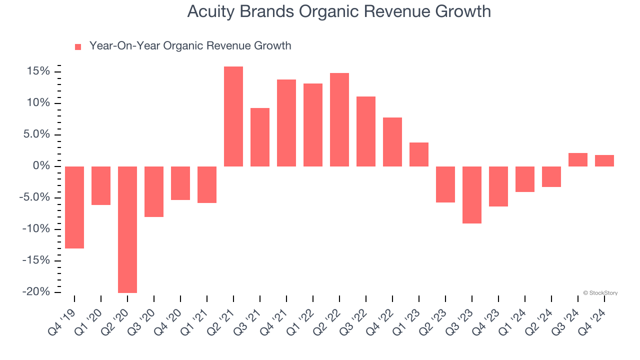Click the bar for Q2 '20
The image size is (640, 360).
click(127, 229)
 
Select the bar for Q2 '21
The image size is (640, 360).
click(233, 116)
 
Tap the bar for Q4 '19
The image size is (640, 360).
click(74, 207)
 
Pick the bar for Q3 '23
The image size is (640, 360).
click(472, 195)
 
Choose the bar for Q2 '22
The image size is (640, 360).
click(339, 120)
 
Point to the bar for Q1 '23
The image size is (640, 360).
click(419, 154)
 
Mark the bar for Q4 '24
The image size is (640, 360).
click(604, 161)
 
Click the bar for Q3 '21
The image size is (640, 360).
click(260, 137)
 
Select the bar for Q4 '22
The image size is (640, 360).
click(392, 142)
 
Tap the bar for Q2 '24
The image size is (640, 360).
click(551, 176)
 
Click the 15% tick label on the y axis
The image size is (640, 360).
click(38, 72)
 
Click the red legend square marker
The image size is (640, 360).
click(78, 47)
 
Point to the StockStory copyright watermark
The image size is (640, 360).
click(600, 293)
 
